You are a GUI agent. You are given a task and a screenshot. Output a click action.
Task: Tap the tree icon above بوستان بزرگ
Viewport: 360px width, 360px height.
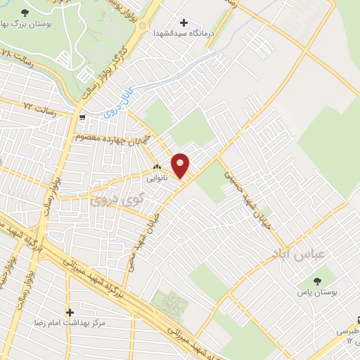(x=26, y=13)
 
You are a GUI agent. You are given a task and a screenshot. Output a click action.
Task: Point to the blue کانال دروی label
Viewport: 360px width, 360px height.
(x=123, y=103)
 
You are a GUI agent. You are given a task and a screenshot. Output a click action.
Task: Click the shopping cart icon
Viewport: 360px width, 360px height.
(x=83, y=118)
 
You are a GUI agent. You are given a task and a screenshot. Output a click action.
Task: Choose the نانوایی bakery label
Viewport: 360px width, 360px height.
(x=157, y=179)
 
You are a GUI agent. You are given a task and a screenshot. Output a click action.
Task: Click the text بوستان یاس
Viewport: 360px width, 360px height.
(x=335, y=290)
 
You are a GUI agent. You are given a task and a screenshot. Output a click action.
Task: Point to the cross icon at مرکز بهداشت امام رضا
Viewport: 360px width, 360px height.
(x=69, y=311)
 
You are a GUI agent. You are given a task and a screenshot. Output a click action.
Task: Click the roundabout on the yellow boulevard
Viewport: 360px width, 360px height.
(x=143, y=27)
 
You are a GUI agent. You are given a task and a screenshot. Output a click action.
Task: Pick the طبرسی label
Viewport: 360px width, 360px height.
(x=348, y=330)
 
